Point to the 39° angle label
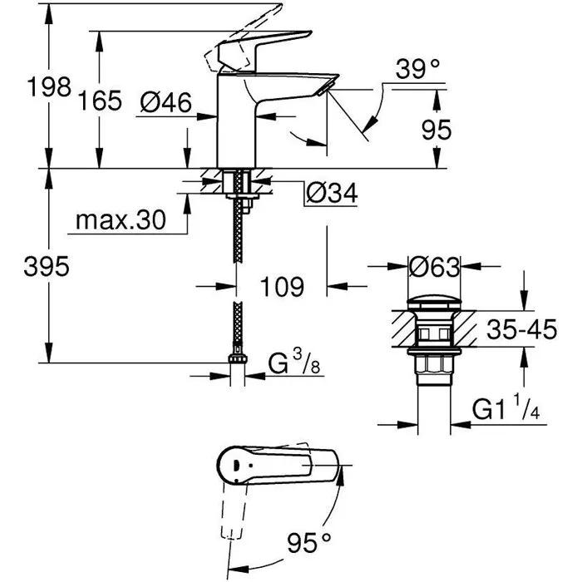pos(417,71)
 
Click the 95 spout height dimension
pos(436,129)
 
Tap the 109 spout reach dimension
pos(277,287)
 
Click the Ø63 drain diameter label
pos(435,268)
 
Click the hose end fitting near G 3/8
pos(239,364)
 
